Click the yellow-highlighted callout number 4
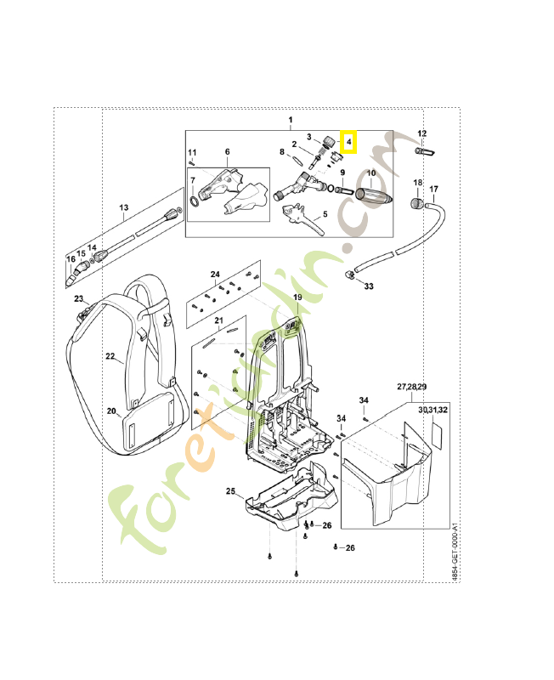[x=348, y=142]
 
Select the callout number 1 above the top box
[x=289, y=119]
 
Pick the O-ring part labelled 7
[x=196, y=204]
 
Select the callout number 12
[x=422, y=133]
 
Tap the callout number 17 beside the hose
[x=433, y=189]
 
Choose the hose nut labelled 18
[x=417, y=203]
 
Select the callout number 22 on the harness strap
[x=110, y=357]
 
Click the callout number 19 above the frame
[x=297, y=297]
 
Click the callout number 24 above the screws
[x=216, y=275]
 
